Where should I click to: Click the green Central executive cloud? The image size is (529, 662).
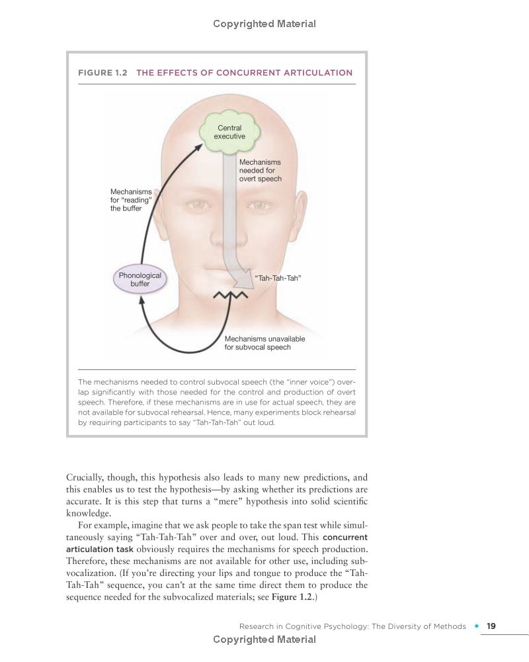click(229, 132)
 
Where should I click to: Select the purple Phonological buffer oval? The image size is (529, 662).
click(140, 280)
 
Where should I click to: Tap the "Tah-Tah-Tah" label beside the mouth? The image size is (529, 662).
click(278, 278)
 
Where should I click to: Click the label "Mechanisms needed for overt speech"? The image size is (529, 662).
click(260, 170)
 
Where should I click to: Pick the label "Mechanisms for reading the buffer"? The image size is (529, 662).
click(131, 200)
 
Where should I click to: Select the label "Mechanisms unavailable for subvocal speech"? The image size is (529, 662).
click(264, 343)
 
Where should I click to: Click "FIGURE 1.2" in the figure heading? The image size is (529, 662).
click(102, 73)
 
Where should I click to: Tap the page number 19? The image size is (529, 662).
click(491, 626)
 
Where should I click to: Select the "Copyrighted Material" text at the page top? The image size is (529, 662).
click(264, 24)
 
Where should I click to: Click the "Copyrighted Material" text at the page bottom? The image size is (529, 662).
click(264, 639)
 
